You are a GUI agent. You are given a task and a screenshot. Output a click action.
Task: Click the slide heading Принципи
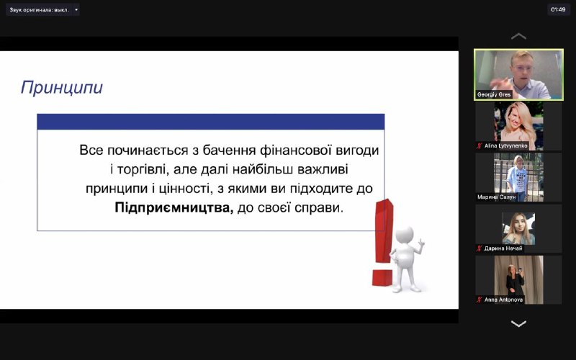pos(62,88)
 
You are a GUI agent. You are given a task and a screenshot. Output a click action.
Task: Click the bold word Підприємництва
pos(174,208)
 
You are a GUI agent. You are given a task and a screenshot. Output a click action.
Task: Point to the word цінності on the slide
pos(186,189)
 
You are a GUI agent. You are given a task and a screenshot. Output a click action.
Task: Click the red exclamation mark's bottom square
pos(382,277)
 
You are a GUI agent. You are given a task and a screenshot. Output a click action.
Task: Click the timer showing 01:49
pos(558,9)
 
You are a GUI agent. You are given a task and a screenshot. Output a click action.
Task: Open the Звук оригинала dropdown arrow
pos(76,9)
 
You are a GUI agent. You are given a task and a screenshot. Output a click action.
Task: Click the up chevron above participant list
pos(518,37)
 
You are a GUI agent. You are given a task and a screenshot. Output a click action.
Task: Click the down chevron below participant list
pos(518,323)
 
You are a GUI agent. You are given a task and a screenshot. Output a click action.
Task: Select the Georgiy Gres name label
pos(494,95)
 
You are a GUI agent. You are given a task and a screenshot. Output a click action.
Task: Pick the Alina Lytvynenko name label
pos(506,146)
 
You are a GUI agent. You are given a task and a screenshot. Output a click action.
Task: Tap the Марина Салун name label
pos(496,197)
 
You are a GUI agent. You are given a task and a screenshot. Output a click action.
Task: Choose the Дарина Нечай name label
pos(503,248)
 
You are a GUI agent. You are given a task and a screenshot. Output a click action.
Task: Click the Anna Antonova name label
pos(503,300)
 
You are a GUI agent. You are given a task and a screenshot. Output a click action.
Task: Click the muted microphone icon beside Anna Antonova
pos(480,300)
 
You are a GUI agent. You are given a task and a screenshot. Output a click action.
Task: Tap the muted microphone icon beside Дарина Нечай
pos(480,248)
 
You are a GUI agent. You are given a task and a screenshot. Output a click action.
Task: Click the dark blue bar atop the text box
pos(211,122)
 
